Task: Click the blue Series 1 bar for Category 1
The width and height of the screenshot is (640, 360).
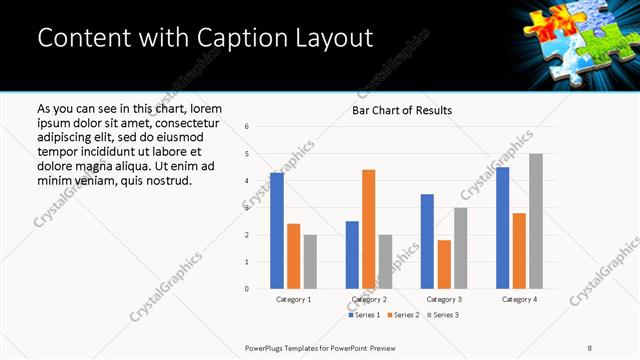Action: pyautogui.click(x=277, y=231)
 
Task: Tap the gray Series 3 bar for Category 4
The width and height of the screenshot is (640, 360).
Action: pyautogui.click(x=535, y=221)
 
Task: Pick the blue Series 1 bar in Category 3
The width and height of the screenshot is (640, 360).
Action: pyautogui.click(x=427, y=241)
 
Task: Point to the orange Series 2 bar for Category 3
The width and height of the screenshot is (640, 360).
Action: pyautogui.click(x=443, y=264)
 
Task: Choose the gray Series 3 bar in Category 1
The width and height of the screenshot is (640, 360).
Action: pyautogui.click(x=310, y=262)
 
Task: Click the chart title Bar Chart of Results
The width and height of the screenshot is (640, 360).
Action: pyautogui.click(x=402, y=110)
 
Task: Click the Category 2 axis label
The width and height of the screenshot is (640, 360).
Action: pyautogui.click(x=368, y=299)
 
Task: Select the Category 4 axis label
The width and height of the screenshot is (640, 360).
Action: pyautogui.click(x=518, y=299)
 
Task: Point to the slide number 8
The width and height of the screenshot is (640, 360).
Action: pyautogui.click(x=590, y=347)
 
